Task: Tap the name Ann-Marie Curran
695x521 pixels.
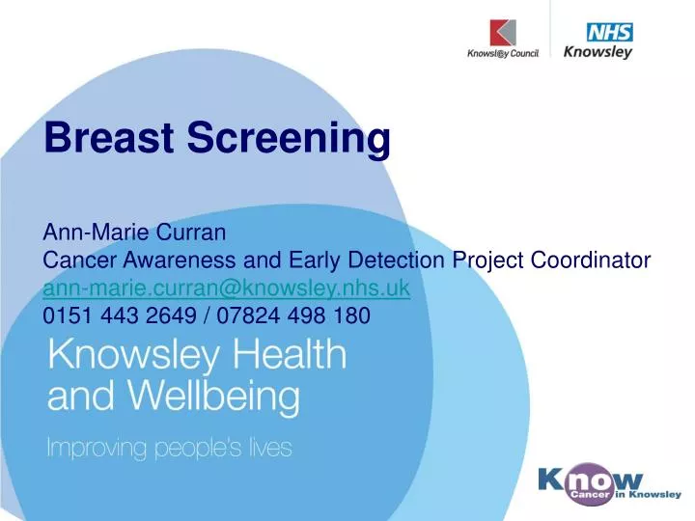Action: pos(135,233)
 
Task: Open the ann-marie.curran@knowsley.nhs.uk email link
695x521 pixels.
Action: pos(227,287)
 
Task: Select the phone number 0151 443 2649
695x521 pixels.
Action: pos(113,315)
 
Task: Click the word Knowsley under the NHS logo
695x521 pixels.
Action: pos(598,53)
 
